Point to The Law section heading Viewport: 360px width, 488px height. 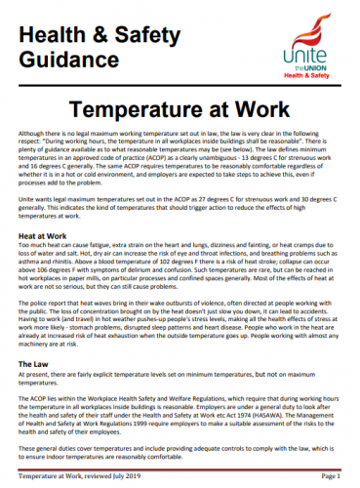37,363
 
